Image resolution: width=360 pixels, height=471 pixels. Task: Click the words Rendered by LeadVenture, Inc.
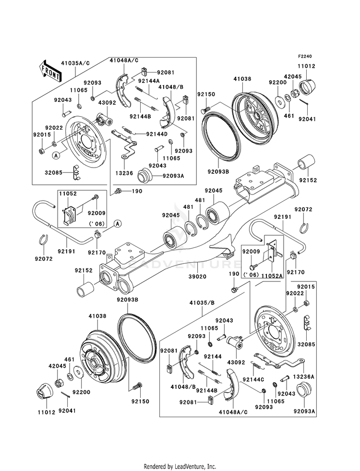point(180,466)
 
